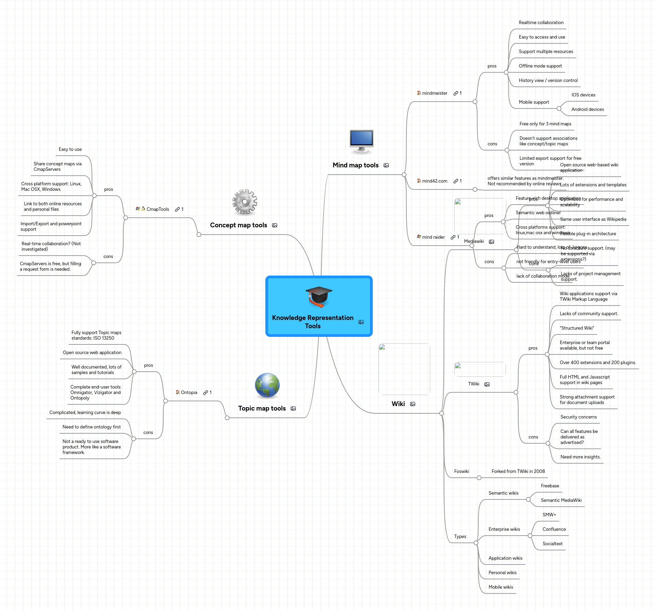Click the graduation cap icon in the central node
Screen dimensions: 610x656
(319, 297)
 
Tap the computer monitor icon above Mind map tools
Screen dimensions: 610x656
(361, 141)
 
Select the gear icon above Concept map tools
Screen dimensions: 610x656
(245, 202)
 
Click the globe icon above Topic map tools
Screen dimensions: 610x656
(267, 385)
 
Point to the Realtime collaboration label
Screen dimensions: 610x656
(541, 23)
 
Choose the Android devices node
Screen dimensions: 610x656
(588, 110)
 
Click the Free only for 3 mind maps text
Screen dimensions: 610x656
(545, 124)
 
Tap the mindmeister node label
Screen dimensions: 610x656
(434, 93)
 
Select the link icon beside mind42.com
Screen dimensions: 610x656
(456, 181)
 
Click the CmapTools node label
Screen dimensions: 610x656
(158, 209)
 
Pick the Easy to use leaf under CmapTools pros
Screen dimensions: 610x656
(70, 149)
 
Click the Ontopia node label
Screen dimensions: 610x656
(189, 393)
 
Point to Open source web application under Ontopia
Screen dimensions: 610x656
(92, 353)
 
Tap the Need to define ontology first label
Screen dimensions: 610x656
(92, 427)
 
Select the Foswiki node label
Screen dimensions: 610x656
(461, 472)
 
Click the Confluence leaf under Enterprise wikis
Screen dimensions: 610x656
(554, 529)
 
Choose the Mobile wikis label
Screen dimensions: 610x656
(500, 587)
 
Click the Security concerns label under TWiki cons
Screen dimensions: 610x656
(579, 417)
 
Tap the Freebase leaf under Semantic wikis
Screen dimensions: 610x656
(550, 486)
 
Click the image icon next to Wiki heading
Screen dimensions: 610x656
(413, 404)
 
